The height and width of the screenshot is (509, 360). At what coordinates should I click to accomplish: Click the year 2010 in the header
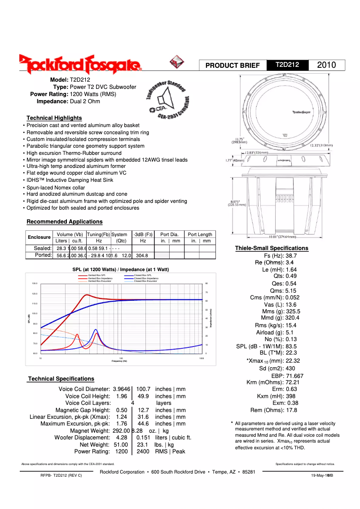pyautogui.click(x=326, y=65)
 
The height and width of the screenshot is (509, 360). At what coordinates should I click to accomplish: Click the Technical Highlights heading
pyautogui.click(x=54, y=118)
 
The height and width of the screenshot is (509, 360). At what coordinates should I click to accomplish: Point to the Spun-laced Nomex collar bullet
pyautogui.click(x=56, y=188)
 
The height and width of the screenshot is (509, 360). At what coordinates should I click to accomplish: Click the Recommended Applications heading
pyautogui.click(x=64, y=222)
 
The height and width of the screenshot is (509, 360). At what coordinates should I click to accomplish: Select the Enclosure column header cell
pyautogui.click(x=39, y=237)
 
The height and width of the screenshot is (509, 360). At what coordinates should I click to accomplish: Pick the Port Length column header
pyautogui.click(x=200, y=234)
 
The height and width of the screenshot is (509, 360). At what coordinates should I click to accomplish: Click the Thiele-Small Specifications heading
pyautogui.click(x=272, y=248)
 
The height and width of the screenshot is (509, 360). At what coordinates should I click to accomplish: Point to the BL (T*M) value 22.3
pyautogui.click(x=291, y=353)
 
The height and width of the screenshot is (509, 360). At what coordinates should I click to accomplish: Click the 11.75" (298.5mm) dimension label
pyautogui.click(x=238, y=140)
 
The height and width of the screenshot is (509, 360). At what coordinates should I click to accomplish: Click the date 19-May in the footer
pyautogui.click(x=318, y=475)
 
